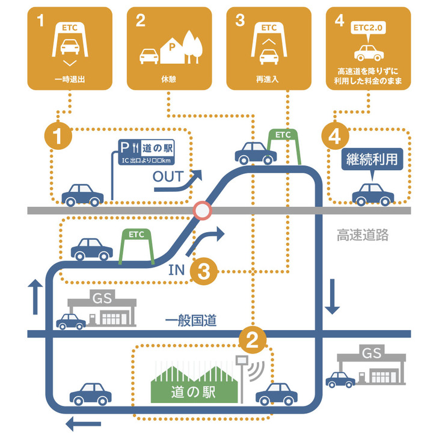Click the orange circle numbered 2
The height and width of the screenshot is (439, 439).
253,340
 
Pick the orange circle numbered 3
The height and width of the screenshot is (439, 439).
204,272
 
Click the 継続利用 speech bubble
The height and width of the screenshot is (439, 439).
370,161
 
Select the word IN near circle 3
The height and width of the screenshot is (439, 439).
176,271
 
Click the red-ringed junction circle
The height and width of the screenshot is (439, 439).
203,211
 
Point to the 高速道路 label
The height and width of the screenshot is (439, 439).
362,235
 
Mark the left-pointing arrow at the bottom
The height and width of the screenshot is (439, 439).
84,425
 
